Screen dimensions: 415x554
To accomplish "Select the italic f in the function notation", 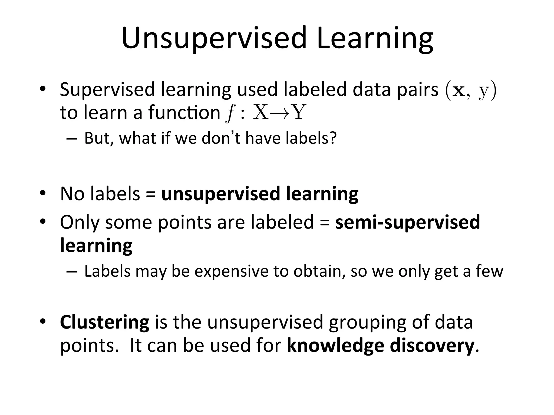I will tap(230, 113).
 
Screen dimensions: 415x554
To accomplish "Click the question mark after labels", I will tap(333, 138).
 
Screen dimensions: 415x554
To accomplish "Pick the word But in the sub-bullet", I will tap(97, 138).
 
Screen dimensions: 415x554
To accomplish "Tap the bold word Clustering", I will tap(104, 322).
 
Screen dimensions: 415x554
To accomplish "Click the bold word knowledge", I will tap(335, 346).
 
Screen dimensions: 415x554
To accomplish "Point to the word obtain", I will tap(319, 271).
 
